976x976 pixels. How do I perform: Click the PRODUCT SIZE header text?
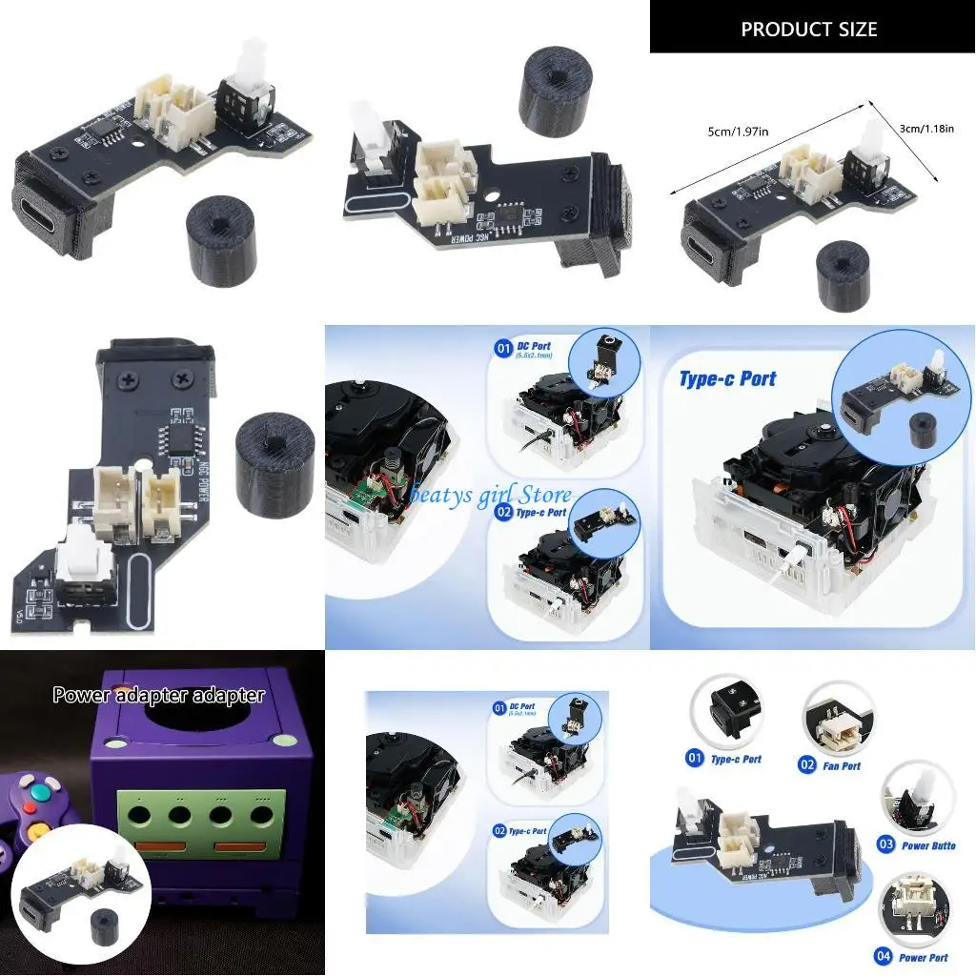click(x=808, y=29)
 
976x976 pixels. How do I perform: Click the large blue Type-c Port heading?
click(x=727, y=378)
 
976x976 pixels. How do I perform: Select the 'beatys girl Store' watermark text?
click(x=491, y=494)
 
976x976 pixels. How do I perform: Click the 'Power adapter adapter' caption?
click(x=158, y=695)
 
